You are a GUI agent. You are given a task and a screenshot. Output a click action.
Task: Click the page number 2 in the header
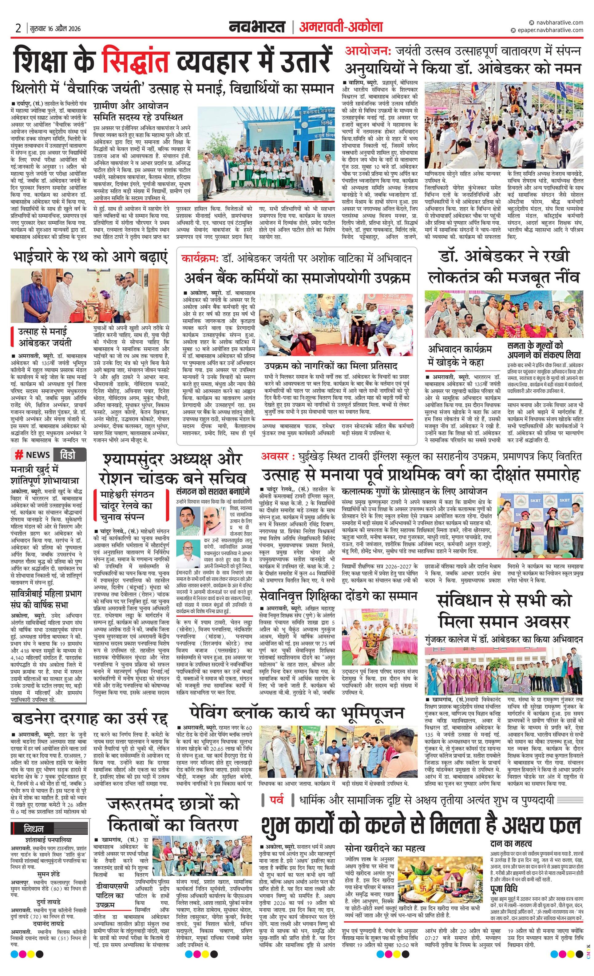point(18,29)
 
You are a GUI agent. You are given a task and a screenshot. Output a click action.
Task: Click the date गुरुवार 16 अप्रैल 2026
point(55,29)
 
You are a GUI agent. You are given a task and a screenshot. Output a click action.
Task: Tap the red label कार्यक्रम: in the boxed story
point(200,259)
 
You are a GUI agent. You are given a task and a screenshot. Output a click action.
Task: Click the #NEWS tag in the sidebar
point(33,455)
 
